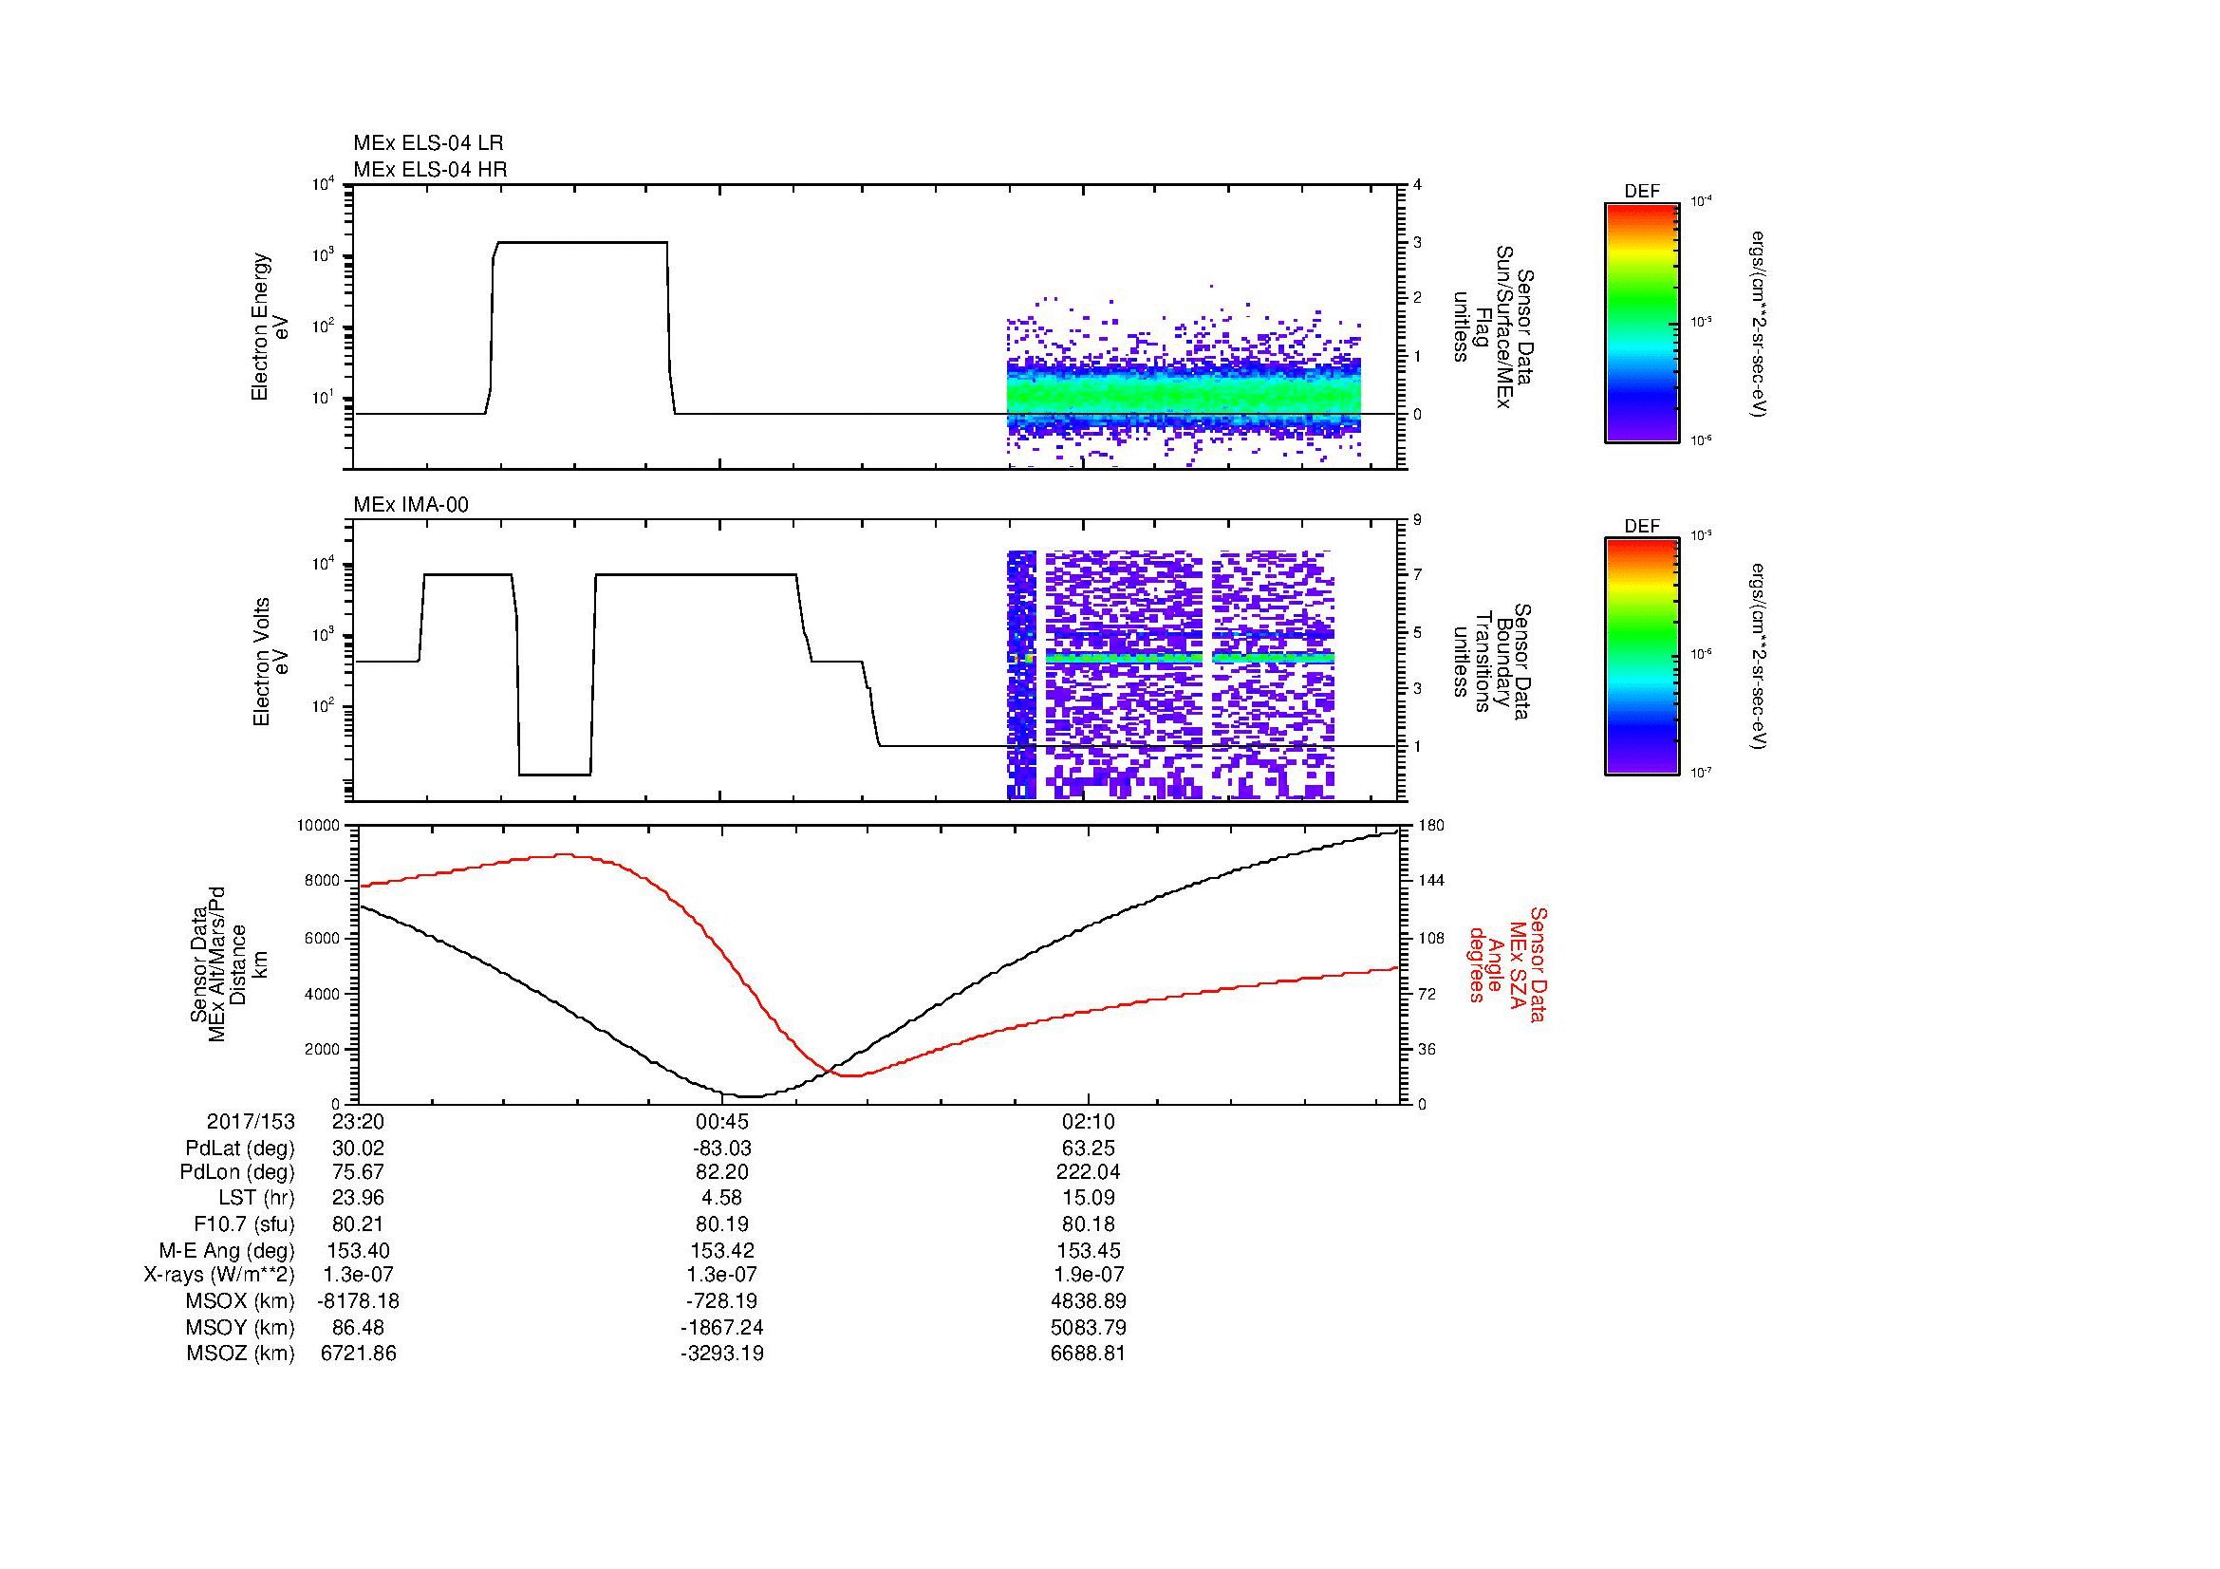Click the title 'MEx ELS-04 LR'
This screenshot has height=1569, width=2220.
point(428,143)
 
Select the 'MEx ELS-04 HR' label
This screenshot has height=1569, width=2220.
point(430,169)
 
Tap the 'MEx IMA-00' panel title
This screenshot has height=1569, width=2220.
point(411,505)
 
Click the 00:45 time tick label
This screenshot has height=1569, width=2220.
point(722,1122)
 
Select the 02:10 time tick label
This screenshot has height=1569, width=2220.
point(1089,1122)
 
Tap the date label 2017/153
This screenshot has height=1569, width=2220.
point(251,1122)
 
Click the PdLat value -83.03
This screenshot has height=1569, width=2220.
point(722,1149)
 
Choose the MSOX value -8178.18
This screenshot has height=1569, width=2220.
point(359,1301)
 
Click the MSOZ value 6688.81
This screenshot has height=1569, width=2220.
point(1089,1354)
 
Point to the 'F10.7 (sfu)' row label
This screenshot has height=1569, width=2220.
point(244,1224)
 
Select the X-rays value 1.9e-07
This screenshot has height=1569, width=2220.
point(1089,1275)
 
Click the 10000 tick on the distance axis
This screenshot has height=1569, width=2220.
point(318,826)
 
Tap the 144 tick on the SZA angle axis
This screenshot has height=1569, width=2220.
point(1430,881)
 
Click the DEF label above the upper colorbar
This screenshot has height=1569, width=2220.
point(1642,192)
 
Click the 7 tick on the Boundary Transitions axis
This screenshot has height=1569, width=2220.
point(1418,575)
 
